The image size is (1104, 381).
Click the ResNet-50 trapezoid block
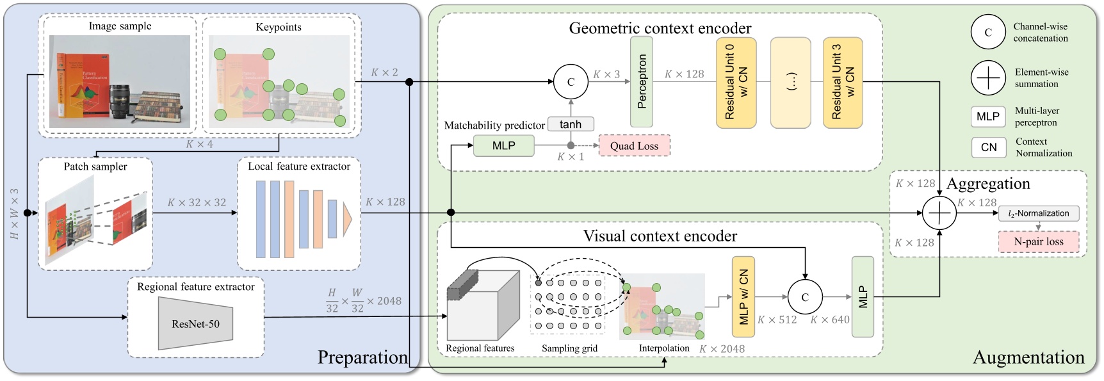tap(195, 323)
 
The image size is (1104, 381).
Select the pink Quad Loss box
tap(634, 146)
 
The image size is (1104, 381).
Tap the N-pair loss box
tap(1038, 242)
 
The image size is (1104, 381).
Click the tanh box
tap(570, 124)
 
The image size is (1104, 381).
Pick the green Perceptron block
tap(642, 81)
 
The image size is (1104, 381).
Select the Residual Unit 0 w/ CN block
tap(736, 83)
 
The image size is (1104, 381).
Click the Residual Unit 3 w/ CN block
tap(843, 83)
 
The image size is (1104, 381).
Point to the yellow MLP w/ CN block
tap(743, 297)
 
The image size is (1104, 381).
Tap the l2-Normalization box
tap(1038, 213)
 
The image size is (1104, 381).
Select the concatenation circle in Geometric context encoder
tap(571, 82)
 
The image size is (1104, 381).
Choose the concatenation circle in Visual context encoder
tap(805, 297)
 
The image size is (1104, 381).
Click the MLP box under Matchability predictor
tap(503, 146)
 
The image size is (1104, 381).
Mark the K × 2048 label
tap(722, 349)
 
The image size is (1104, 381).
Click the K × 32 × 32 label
tap(197, 202)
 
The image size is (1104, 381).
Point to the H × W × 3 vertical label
tap(14, 214)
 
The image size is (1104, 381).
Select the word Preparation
tap(362, 357)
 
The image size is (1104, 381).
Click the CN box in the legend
tap(988, 147)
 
